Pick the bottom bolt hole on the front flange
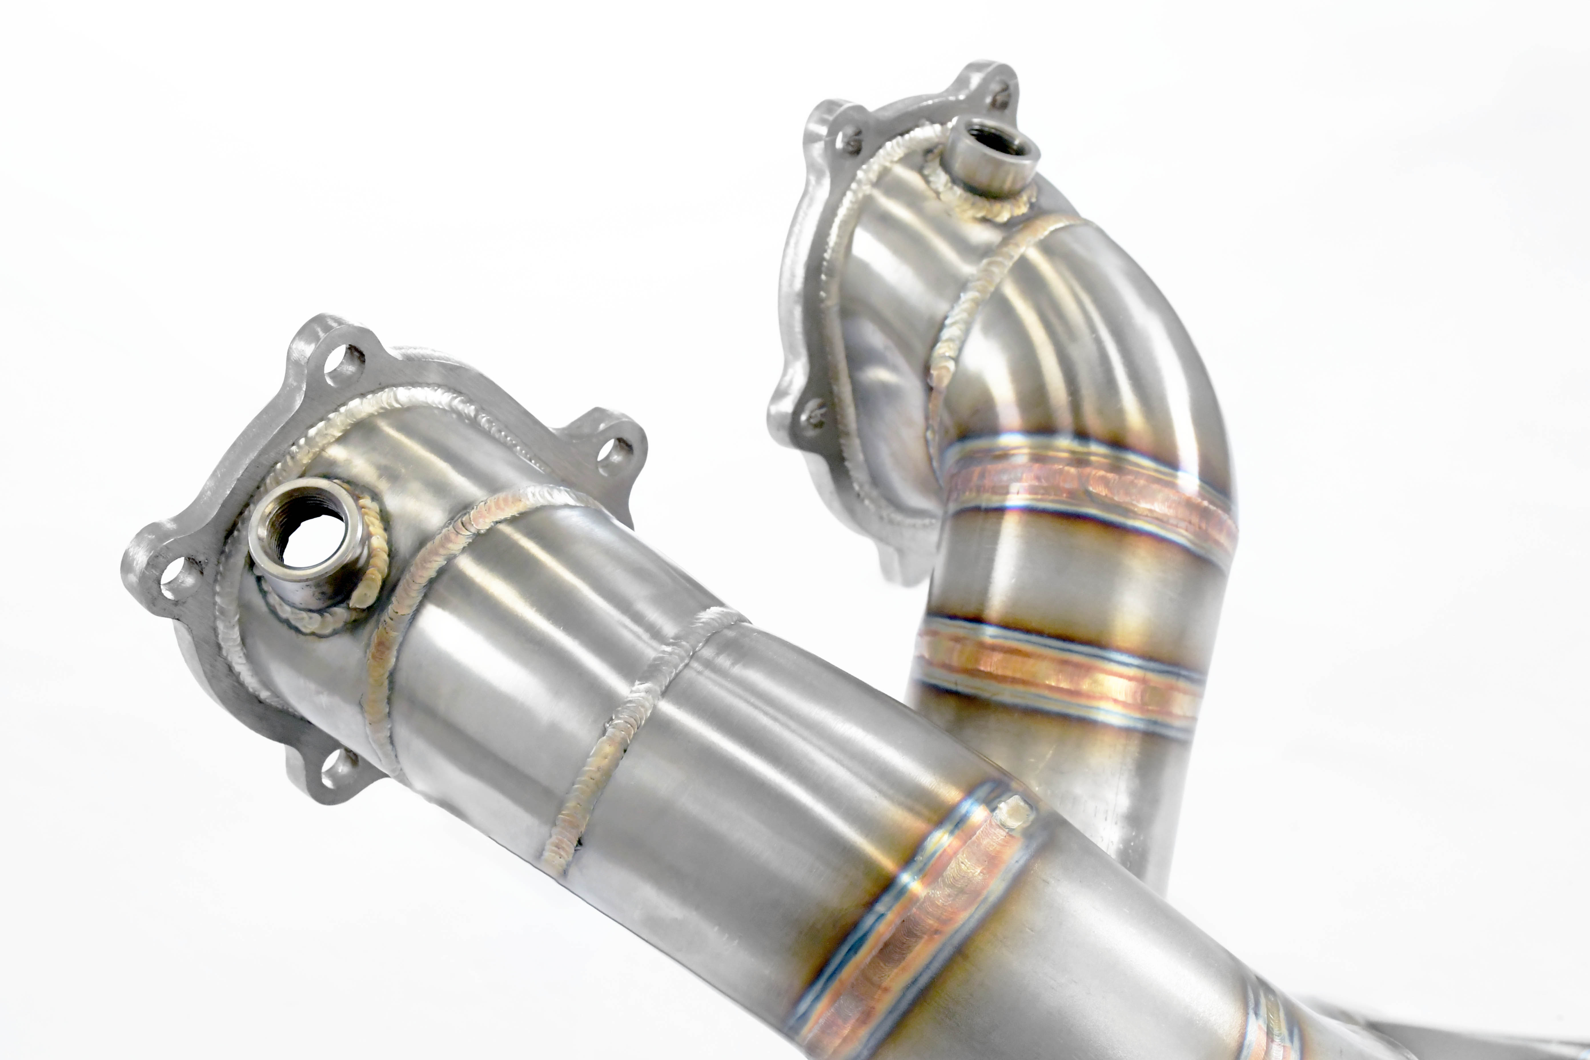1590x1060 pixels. click(x=338, y=769)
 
